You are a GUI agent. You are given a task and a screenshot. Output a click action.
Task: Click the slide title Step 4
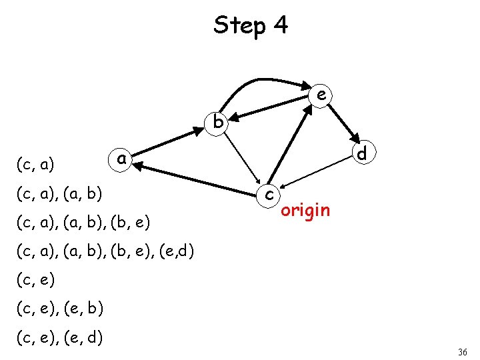pyautogui.click(x=251, y=25)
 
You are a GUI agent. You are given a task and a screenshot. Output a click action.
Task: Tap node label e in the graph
pyautogui.click(x=321, y=95)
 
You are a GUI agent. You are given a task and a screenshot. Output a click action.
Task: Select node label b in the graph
pyautogui.click(x=218, y=122)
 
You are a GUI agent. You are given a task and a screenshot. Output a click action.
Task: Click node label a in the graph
pyautogui.click(x=121, y=159)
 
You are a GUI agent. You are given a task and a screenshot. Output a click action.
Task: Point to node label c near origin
pyautogui.click(x=268, y=195)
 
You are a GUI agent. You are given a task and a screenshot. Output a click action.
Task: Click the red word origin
pyautogui.click(x=305, y=211)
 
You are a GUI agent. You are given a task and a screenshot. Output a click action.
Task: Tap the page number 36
pyautogui.click(x=463, y=351)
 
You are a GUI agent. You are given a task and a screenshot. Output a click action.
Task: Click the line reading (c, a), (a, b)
pyautogui.click(x=59, y=194)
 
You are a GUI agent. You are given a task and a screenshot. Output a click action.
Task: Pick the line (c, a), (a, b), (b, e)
pyautogui.click(x=83, y=221)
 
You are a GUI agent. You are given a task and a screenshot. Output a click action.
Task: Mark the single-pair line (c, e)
pyautogui.click(x=34, y=281)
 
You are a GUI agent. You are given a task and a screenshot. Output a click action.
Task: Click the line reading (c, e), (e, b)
pyautogui.click(x=59, y=310)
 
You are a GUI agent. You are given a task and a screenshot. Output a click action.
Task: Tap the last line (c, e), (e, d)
pyautogui.click(x=59, y=339)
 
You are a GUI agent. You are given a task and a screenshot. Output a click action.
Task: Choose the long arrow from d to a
pyautogui.click(x=240, y=166)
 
